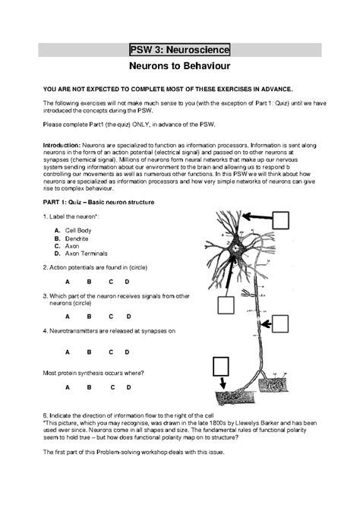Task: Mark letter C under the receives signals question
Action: coord(110,316)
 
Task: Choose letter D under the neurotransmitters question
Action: coord(128,352)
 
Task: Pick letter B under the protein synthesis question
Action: coord(89,387)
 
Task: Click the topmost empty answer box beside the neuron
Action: coord(281,219)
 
